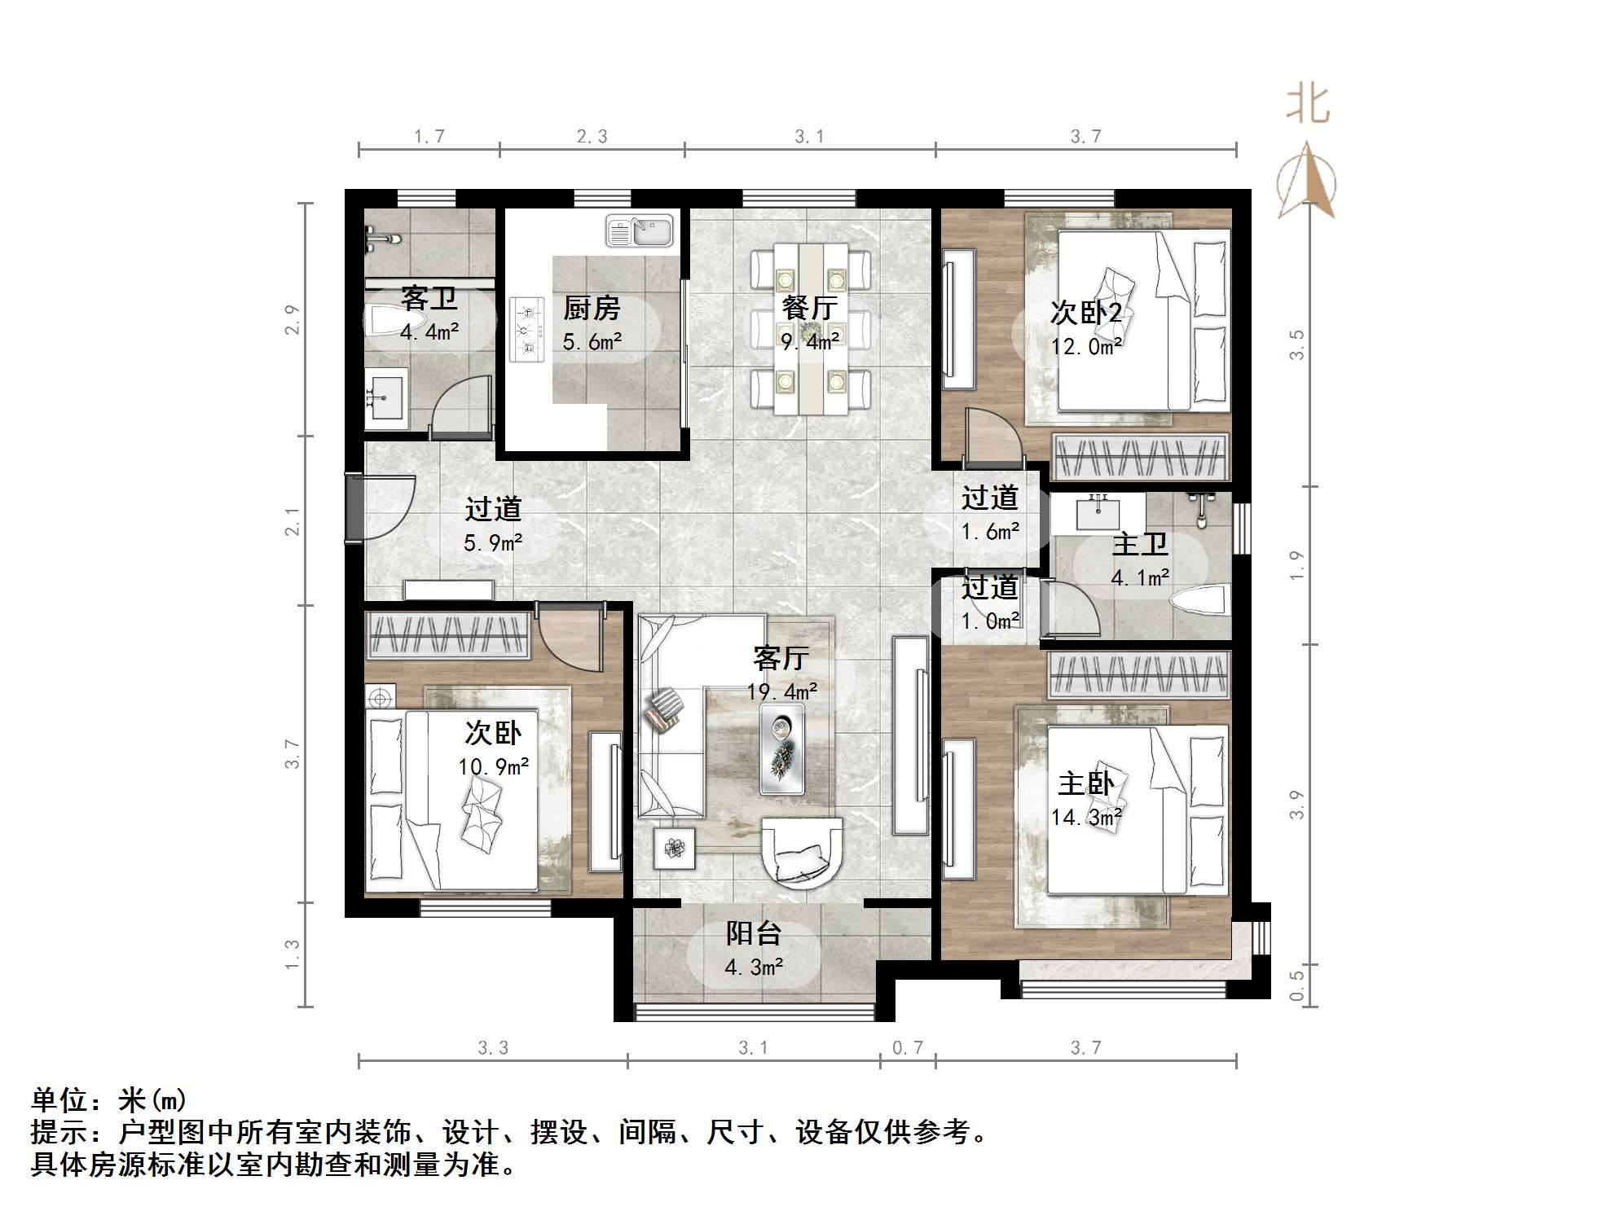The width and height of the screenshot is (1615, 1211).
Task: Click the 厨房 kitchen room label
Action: point(592,309)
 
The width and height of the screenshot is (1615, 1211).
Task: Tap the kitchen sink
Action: point(640,231)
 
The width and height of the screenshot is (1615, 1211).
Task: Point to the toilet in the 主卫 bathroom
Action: point(1199,601)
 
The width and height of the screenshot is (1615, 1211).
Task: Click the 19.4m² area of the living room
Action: point(782,692)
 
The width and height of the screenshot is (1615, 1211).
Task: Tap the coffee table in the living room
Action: point(781,748)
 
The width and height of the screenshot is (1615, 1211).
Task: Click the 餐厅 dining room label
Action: point(808,309)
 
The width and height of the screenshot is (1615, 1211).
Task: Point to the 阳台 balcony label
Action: point(754,933)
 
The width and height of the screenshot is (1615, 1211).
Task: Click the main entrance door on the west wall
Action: point(355,507)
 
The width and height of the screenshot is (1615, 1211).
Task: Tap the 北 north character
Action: point(1308,105)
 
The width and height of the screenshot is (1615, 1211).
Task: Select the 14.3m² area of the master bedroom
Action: point(1086,817)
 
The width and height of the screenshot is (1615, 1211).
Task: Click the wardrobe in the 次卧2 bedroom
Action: point(1139,458)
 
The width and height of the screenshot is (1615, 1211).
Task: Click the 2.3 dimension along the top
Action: point(592,137)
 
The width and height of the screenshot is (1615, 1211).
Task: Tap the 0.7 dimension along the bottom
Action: point(907,1048)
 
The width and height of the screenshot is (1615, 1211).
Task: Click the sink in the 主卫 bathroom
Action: point(1097,512)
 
